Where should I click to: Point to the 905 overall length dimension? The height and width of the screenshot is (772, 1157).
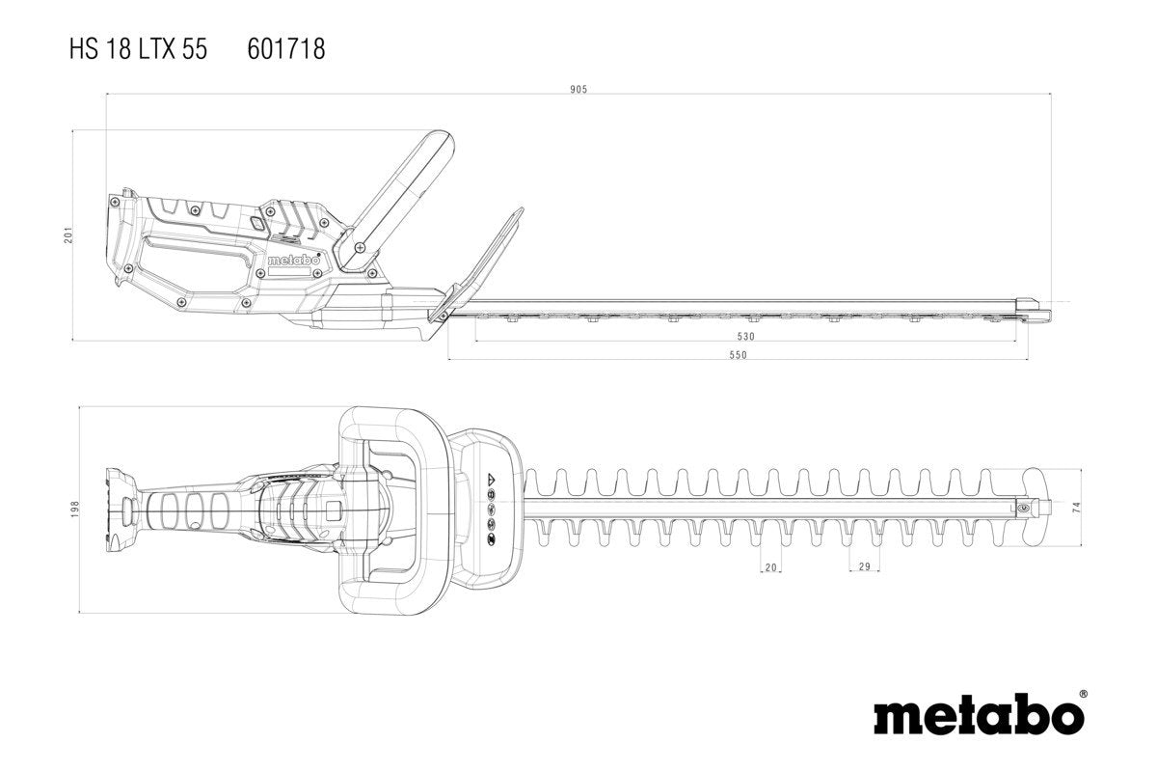pyautogui.click(x=578, y=89)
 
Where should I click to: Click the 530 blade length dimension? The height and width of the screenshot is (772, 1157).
pyautogui.click(x=745, y=337)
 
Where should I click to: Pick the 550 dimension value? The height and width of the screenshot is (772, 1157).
pyautogui.click(x=738, y=355)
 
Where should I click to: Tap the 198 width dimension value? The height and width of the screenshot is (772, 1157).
pyautogui.click(x=76, y=509)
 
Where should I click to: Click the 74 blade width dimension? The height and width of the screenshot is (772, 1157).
pyautogui.click(x=1075, y=506)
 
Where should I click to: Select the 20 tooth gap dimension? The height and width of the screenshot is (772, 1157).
pyautogui.click(x=770, y=567)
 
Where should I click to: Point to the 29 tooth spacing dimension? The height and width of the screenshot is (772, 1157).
pyautogui.click(x=864, y=567)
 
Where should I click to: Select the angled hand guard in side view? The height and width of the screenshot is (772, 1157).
pyautogui.click(x=482, y=257)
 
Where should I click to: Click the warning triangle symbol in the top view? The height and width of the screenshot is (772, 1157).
pyautogui.click(x=490, y=479)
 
